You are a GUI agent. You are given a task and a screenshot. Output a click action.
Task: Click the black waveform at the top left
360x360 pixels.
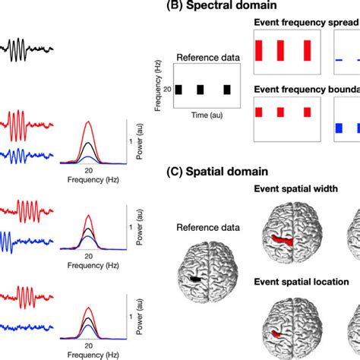(x=27, y=54)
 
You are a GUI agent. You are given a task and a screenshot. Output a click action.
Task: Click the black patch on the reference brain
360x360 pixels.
(x=196, y=279)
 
